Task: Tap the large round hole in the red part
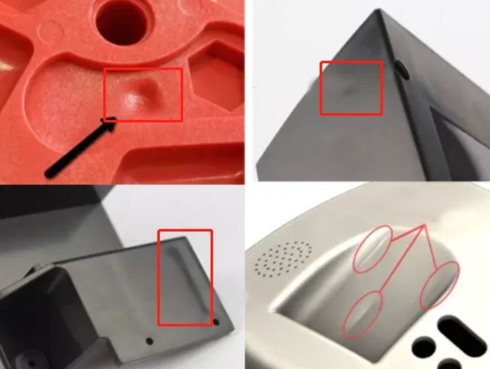click(x=121, y=23)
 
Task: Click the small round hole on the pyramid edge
click(x=401, y=69)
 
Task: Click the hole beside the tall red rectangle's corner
click(x=216, y=322)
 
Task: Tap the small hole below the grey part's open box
click(x=149, y=341)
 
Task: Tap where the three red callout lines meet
click(x=423, y=225)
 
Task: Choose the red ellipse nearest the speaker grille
click(x=373, y=249)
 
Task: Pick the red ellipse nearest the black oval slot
click(x=439, y=285)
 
